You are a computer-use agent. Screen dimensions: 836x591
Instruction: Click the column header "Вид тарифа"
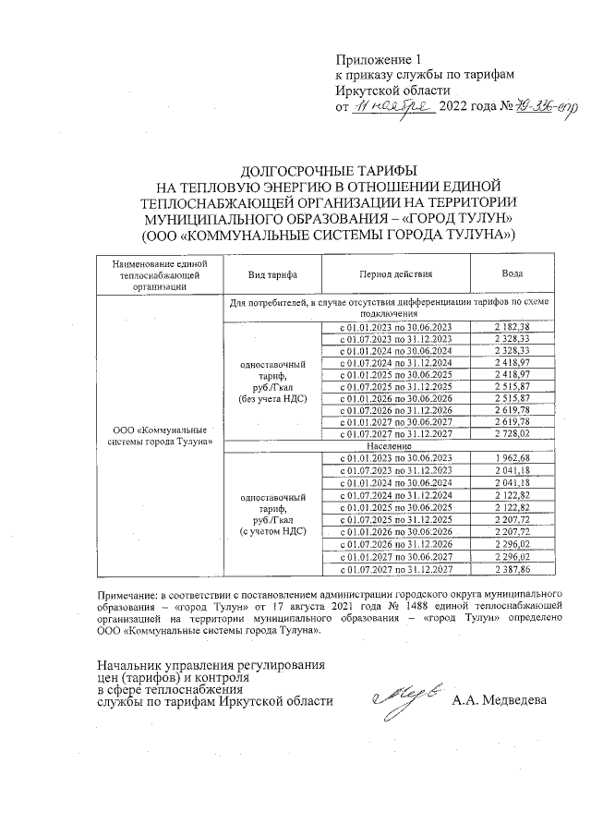[x=268, y=274]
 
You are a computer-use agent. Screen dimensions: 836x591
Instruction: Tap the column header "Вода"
[x=513, y=274]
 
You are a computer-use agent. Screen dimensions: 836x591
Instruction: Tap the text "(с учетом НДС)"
[x=268, y=533]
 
